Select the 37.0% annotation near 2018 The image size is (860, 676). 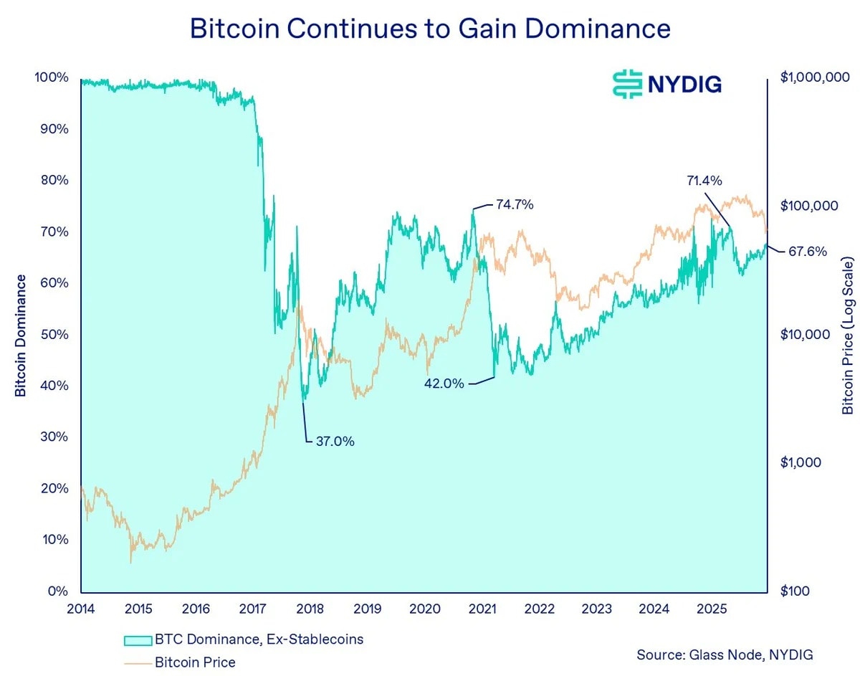pyautogui.click(x=335, y=442)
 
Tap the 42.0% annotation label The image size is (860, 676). pyautogui.click(x=445, y=384)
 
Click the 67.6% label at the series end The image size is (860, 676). pyautogui.click(x=808, y=252)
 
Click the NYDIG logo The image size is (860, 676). pyautogui.click(x=666, y=84)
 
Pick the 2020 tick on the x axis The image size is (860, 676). pyautogui.click(x=424, y=609)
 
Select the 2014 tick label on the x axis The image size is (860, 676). pyautogui.click(x=81, y=609)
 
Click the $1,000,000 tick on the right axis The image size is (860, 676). pyautogui.click(x=814, y=77)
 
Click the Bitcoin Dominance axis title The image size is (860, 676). pyautogui.click(x=21, y=335)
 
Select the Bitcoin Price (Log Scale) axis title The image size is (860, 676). pyautogui.click(x=848, y=335)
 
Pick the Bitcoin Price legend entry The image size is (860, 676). pyautogui.click(x=195, y=662)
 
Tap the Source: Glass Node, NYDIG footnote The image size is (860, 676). pyautogui.click(x=725, y=655)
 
